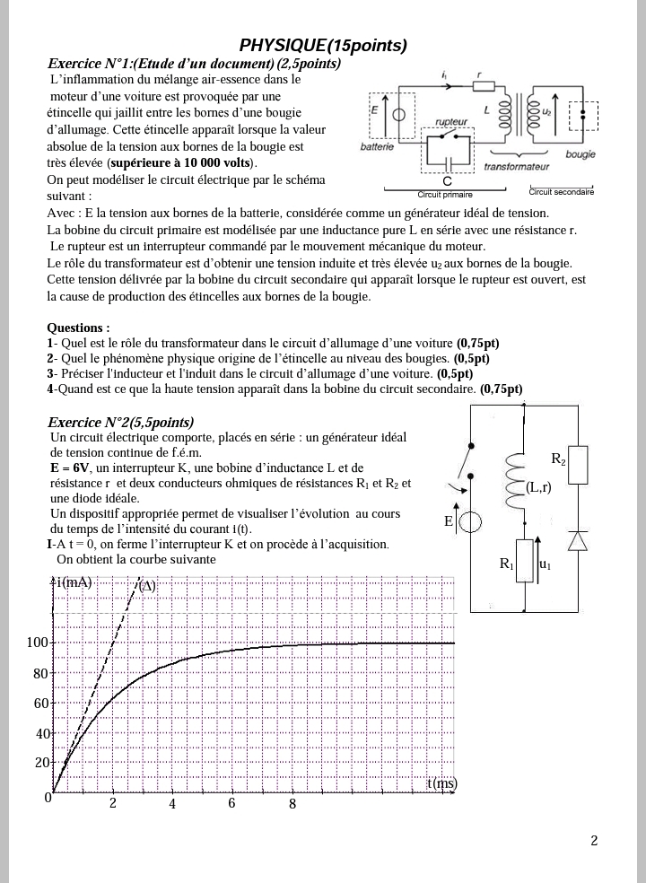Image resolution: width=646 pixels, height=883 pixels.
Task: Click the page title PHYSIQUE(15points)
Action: (x=323, y=46)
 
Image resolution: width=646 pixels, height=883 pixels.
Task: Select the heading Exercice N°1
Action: (x=194, y=64)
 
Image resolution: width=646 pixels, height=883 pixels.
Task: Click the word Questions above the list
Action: (x=78, y=328)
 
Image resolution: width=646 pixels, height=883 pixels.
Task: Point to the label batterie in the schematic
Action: (x=377, y=146)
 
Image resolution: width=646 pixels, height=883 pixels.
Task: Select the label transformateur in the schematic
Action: (x=516, y=167)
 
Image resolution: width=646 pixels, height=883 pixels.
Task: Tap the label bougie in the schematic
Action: (x=581, y=154)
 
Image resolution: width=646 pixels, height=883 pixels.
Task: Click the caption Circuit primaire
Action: (x=445, y=194)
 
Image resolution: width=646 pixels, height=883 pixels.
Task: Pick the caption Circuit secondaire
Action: (x=561, y=191)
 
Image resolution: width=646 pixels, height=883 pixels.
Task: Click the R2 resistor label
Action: (x=558, y=459)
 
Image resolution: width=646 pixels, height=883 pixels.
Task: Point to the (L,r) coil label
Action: (x=538, y=487)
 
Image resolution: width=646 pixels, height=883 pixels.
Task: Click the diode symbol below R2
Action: (x=578, y=539)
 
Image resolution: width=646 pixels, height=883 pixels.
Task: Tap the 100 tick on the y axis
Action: (x=37, y=643)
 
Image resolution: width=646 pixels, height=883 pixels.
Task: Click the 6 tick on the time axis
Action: (x=231, y=803)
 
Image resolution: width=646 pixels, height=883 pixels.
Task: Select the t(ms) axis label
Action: (x=441, y=782)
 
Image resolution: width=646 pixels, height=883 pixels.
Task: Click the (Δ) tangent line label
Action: (x=147, y=587)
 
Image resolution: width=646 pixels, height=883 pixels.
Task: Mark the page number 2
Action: (x=594, y=841)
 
